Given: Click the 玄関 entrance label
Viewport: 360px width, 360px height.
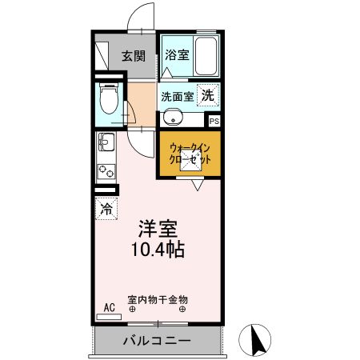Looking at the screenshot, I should pyautogui.click(x=134, y=56).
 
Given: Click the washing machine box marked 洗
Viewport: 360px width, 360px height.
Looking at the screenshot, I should pyautogui.click(x=207, y=95).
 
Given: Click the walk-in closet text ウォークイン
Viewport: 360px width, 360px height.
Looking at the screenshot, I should pyautogui.click(x=190, y=147).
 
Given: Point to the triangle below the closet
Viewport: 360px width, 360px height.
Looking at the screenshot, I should pyautogui.click(x=197, y=185).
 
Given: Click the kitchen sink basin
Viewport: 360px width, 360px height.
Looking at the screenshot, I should pyautogui.click(x=105, y=146).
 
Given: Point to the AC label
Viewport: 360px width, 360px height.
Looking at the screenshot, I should pyautogui.click(x=109, y=306).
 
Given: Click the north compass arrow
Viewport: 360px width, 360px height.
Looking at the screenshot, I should pyautogui.click(x=258, y=342).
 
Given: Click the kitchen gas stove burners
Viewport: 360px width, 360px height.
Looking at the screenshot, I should pyautogui.click(x=105, y=170).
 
